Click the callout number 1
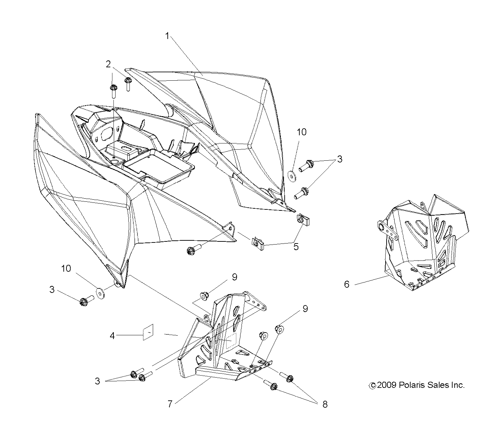(x=167, y=36)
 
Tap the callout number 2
(x=109, y=64)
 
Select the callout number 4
(x=112, y=335)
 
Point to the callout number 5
(x=296, y=247)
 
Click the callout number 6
(x=347, y=285)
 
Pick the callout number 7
(x=170, y=404)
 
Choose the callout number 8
(x=325, y=405)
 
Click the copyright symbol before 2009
(x=372, y=385)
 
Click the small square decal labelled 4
(x=148, y=332)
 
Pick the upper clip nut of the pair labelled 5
(x=301, y=220)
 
